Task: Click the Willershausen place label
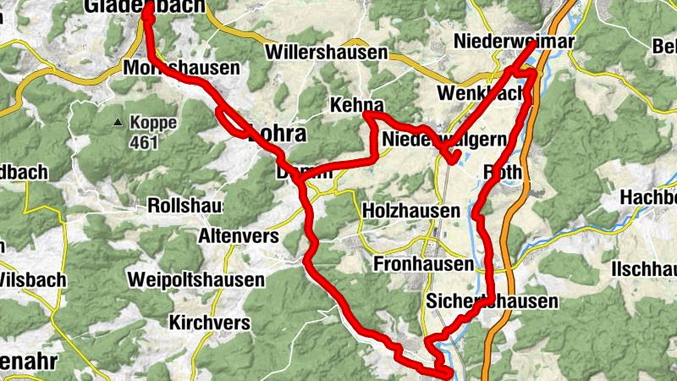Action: [x=326, y=52]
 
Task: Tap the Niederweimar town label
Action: [x=514, y=41]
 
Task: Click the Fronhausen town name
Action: [x=423, y=265]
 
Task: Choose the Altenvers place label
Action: [x=238, y=237]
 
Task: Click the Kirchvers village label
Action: [x=209, y=323]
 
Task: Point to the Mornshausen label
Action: [x=181, y=68]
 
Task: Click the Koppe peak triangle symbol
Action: [x=118, y=124]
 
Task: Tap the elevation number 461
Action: [x=146, y=141]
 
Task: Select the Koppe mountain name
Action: [x=153, y=123]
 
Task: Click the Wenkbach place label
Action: [x=480, y=93]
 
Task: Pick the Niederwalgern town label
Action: [x=443, y=139]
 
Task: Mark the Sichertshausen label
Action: [x=493, y=301]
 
